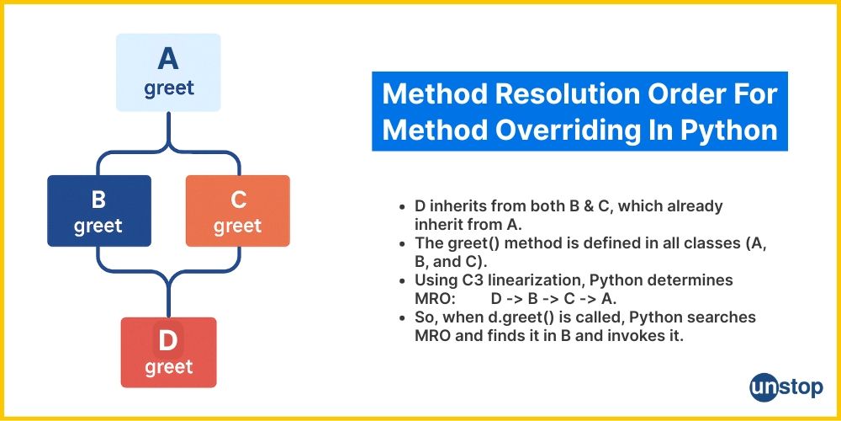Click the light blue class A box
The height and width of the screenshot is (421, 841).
coord(168,72)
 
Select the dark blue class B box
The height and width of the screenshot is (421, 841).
coord(99,211)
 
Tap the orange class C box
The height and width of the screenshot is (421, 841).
coord(238,211)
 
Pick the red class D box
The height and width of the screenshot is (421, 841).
coord(168,352)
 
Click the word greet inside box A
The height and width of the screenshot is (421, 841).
coord(168,88)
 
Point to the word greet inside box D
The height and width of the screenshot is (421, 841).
coord(168,367)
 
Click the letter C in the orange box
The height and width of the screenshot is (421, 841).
coord(238,200)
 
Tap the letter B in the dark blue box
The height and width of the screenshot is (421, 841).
coord(98,200)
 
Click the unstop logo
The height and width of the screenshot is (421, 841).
coord(786,387)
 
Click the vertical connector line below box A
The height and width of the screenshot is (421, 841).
coord(168,129)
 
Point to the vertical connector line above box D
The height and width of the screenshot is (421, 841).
coord(168,298)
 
